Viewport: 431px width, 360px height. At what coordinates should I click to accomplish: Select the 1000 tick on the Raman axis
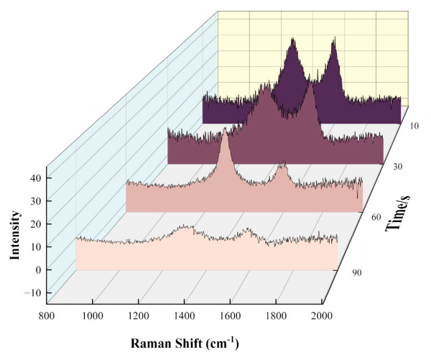[x=92, y=315]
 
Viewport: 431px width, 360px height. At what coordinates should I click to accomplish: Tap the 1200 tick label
[x=138, y=315]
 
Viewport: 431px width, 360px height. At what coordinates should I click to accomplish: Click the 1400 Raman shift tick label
[x=184, y=315]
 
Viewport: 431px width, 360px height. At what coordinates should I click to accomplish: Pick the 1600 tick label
[x=230, y=315]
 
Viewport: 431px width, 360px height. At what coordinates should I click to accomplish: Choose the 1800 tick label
[x=276, y=315]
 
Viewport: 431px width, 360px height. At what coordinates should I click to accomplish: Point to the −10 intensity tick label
[x=30, y=293]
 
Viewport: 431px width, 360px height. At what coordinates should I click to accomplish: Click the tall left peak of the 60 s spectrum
[x=225, y=134]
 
